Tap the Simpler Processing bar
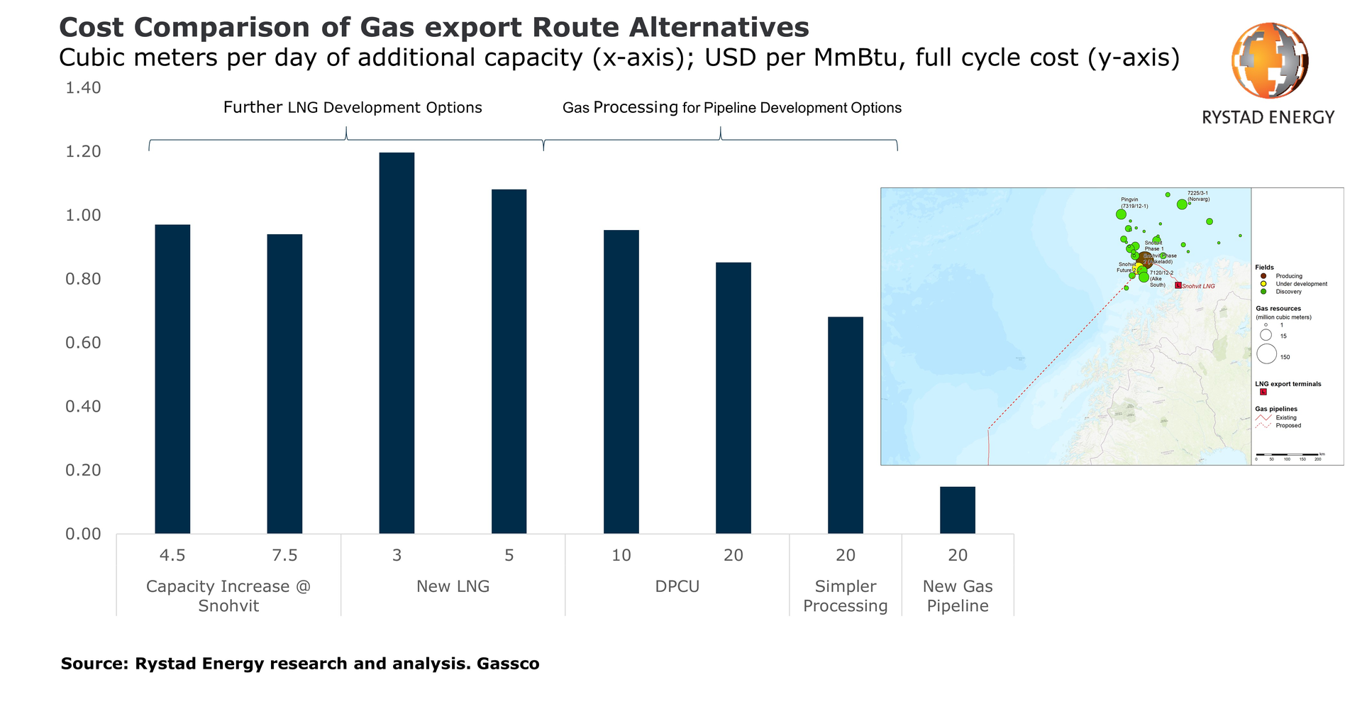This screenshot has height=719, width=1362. point(845,425)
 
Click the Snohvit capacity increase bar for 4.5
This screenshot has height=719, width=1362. point(172,379)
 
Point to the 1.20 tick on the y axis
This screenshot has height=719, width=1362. point(83,152)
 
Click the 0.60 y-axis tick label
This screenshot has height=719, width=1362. point(83,343)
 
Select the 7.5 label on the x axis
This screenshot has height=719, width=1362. point(284,555)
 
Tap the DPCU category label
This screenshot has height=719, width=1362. point(677,586)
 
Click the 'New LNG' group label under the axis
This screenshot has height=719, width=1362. point(453,586)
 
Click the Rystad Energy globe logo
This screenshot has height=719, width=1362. point(1269,60)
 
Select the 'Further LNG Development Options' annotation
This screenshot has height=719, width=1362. point(353,108)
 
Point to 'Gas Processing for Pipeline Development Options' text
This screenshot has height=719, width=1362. point(731,108)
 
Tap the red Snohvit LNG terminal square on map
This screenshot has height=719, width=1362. point(1178,285)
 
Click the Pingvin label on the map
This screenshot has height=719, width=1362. point(1129,199)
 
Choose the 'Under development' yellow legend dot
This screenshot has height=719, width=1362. point(1263,284)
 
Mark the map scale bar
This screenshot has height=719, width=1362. point(1287,454)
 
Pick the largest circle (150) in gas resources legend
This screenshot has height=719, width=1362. point(1266,353)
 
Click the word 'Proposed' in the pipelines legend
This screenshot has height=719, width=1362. point(1288,426)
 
